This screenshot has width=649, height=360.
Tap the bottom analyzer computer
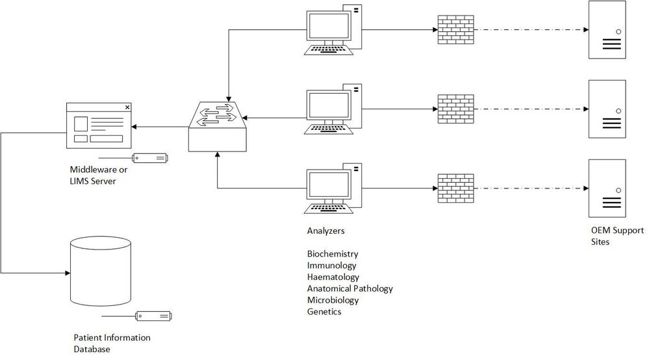(x=333, y=189)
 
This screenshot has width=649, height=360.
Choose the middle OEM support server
(x=607, y=109)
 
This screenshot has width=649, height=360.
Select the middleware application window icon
(x=100, y=125)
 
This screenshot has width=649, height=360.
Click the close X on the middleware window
(x=127, y=107)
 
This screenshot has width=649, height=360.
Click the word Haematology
(x=333, y=277)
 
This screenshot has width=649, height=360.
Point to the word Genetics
(x=324, y=312)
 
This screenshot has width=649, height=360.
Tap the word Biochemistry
(x=333, y=253)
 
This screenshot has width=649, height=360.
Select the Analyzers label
(x=325, y=231)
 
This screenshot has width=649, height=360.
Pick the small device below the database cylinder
(x=153, y=316)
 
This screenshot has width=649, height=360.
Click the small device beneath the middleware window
(x=149, y=158)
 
